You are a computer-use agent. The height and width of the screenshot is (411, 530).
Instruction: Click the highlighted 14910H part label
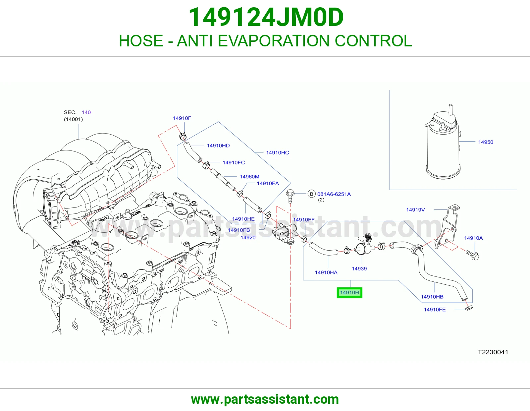[x=349, y=292]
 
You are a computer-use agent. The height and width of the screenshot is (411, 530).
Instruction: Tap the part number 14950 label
[x=485, y=142]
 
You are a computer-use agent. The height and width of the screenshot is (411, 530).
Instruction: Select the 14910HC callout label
[x=277, y=152]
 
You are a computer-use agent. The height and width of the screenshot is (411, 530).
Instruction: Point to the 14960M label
[x=249, y=176]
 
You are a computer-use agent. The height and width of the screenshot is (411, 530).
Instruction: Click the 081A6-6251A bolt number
[x=334, y=194]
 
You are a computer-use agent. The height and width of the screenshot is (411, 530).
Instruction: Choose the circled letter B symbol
[x=311, y=194]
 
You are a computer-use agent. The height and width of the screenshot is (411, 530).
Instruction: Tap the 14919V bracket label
[x=415, y=210]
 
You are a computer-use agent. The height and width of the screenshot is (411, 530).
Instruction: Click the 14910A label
[x=473, y=238]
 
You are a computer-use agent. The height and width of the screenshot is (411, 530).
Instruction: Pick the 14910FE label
[x=435, y=310]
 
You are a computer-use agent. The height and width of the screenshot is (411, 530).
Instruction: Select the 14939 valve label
[x=359, y=268]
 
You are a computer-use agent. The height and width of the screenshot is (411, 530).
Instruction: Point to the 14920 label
[x=248, y=237]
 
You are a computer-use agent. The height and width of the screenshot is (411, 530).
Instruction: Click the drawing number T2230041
[x=493, y=352]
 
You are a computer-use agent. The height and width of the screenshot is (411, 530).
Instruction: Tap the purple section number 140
[x=86, y=112]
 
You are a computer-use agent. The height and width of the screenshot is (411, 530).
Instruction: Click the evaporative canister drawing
[x=443, y=143]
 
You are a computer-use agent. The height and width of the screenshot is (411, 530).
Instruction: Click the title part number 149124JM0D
[x=266, y=17]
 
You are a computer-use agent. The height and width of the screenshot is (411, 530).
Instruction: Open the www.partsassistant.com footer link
[x=265, y=399]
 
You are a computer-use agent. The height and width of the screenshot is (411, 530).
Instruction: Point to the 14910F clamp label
[x=182, y=118]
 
